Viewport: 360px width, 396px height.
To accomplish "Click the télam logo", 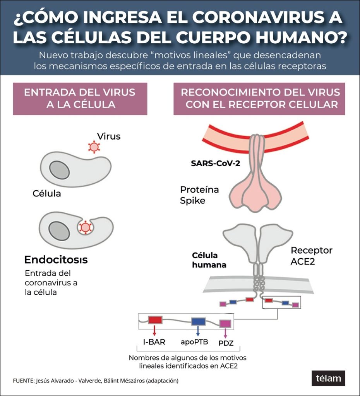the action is [328, 378].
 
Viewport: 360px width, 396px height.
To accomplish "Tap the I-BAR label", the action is [154, 342].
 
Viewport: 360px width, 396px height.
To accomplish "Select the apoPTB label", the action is [194, 342].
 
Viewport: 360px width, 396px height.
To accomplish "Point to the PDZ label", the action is [226, 343].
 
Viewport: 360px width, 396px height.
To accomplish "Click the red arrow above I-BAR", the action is [154, 330].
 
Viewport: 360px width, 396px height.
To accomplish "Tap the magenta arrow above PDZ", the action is [225, 333].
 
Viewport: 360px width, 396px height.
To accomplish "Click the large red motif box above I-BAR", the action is [155, 320].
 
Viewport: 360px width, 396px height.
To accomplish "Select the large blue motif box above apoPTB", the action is [198, 321].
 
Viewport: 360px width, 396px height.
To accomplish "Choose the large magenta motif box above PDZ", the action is [225, 324].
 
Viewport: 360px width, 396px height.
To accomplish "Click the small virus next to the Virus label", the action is [94, 147].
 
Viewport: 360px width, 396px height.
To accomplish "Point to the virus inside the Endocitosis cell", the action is [85, 227].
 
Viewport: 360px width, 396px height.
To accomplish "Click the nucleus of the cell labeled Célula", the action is [59, 170].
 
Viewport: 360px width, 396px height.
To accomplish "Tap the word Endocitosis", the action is [56, 259].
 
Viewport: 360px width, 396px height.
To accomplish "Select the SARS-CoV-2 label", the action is [215, 164].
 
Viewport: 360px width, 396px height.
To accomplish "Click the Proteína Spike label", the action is [199, 195].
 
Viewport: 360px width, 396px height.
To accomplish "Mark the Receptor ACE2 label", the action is [312, 256].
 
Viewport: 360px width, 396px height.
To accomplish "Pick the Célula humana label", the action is [209, 260].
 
